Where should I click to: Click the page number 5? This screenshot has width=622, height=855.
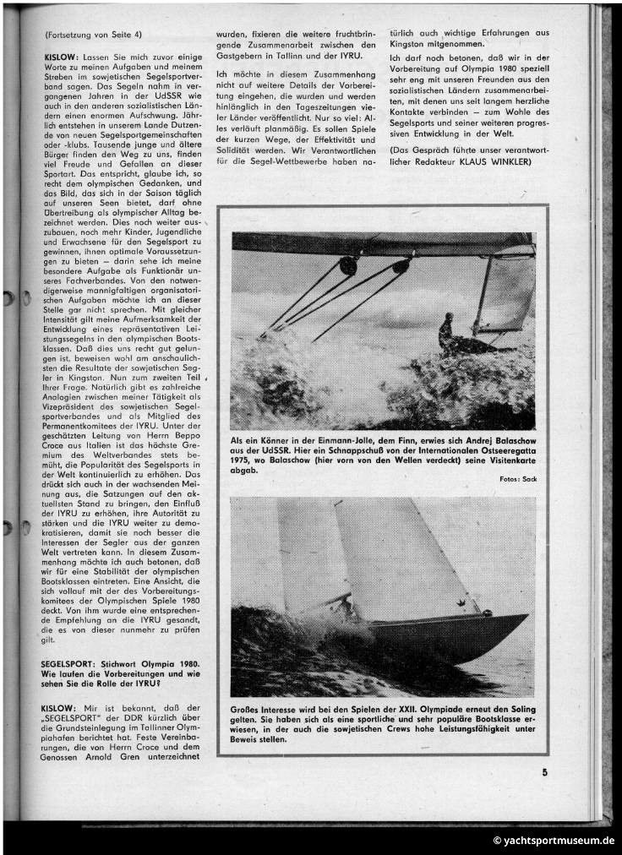point(544,771)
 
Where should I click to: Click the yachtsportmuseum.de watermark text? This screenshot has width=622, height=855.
point(554,841)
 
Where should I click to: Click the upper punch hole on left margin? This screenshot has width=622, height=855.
point(8,298)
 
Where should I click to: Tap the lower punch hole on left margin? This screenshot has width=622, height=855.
point(8,527)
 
